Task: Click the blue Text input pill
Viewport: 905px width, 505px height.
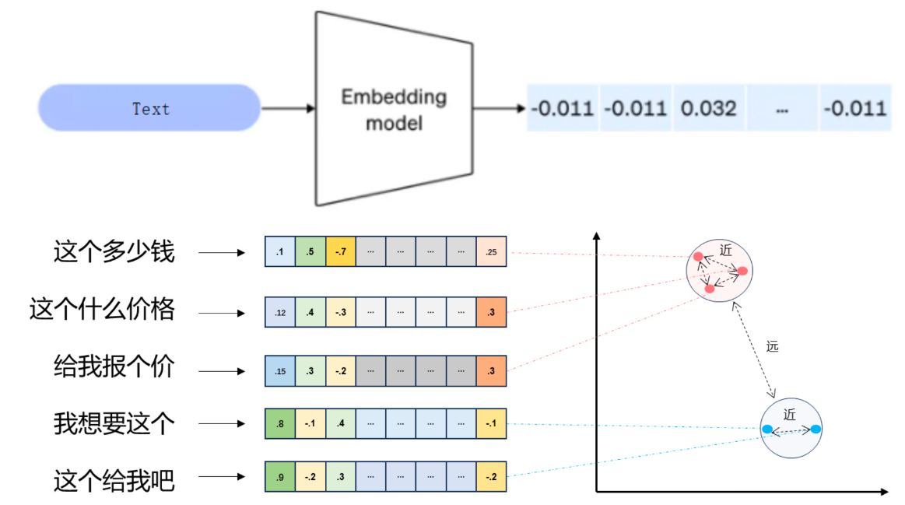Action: point(149,108)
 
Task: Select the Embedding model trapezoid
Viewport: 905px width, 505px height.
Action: point(395,108)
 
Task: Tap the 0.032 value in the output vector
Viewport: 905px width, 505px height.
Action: point(709,108)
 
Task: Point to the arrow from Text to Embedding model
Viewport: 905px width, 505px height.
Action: point(288,108)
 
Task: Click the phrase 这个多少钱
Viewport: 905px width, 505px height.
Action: point(114,251)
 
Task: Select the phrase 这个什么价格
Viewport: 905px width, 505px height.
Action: point(102,309)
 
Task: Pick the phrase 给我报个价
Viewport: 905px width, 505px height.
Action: point(114,366)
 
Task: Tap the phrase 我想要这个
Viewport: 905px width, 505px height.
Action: point(114,423)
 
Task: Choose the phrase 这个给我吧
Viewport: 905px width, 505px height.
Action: point(114,480)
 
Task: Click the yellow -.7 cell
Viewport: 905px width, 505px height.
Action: point(341,251)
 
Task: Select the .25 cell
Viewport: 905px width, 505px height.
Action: point(491,251)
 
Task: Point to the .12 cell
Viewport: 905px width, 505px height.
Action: point(280,312)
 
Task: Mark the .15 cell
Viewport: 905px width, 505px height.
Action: point(280,371)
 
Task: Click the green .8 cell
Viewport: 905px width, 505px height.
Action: point(280,423)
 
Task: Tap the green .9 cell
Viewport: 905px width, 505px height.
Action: point(280,477)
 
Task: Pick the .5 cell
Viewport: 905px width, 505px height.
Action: point(310,251)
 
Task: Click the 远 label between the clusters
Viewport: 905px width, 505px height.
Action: point(772,346)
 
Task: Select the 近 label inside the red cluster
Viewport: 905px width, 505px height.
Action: point(725,250)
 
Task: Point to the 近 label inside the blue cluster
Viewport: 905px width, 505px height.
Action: point(790,415)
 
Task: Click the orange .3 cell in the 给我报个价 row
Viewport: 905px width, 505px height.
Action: point(491,371)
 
